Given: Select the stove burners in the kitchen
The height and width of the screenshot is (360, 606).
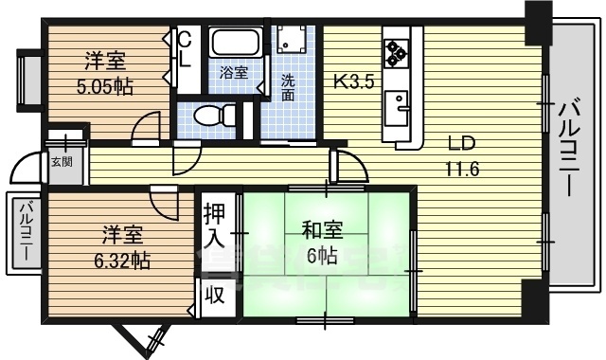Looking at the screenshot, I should click(x=395, y=48).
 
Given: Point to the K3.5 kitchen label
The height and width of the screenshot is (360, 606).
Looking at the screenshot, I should click(x=353, y=81).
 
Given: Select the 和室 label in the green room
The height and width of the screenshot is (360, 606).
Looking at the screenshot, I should click(x=322, y=230).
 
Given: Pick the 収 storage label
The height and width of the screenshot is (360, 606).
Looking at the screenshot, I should click(x=215, y=295).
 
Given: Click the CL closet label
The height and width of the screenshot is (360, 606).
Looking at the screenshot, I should click(x=185, y=47).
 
